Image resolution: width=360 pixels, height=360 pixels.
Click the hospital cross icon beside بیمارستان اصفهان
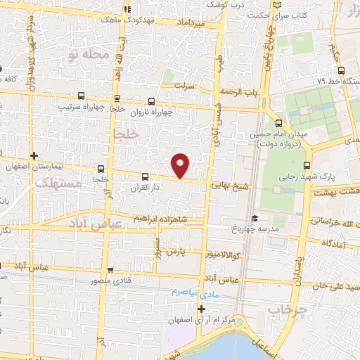click(34, 155)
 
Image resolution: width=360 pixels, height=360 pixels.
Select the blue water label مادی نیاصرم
click(199, 290)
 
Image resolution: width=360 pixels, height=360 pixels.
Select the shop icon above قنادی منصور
click(110, 269)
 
